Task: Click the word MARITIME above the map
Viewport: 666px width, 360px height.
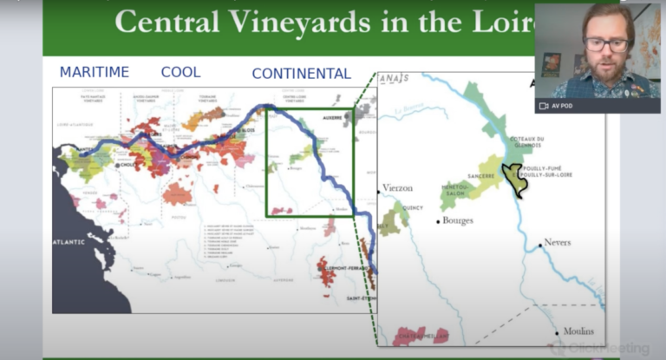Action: point(94,72)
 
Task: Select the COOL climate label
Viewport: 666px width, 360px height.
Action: point(180,72)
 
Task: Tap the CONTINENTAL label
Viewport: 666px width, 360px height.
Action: point(301,74)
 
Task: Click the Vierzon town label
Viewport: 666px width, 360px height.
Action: point(398,187)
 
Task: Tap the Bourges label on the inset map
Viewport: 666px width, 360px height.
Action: point(458,220)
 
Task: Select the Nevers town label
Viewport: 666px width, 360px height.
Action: point(558,242)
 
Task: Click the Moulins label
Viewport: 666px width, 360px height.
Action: point(578,331)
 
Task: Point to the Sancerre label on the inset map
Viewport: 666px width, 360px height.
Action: point(482,176)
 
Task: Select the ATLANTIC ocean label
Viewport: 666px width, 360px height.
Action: point(70,242)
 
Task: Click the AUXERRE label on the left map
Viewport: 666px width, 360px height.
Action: point(335,115)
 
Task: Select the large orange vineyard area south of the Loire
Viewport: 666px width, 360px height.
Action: point(177,193)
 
